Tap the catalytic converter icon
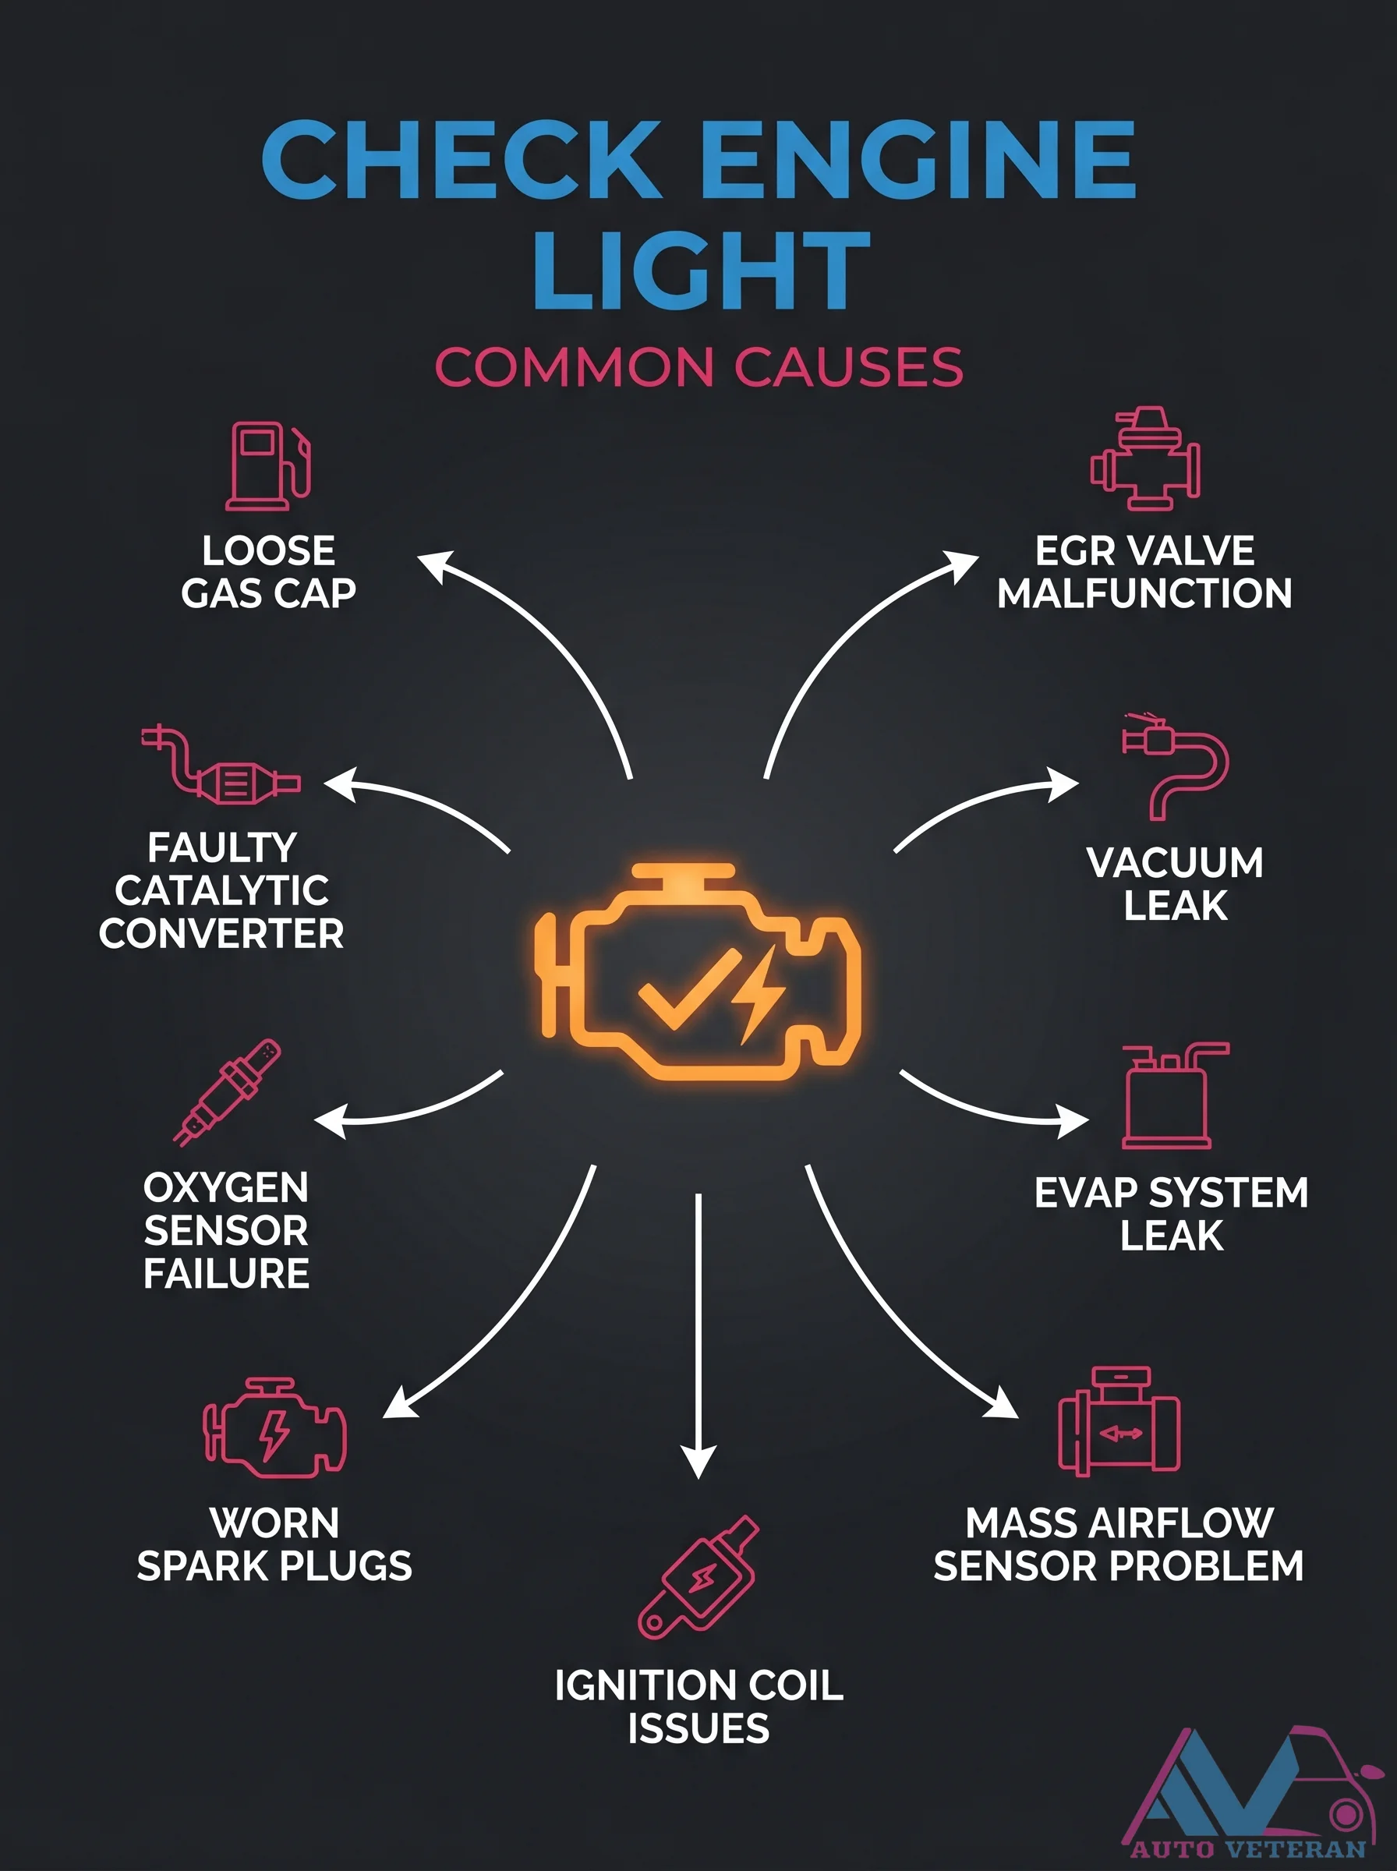point(220,765)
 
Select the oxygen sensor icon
point(227,1091)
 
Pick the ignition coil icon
point(698,1578)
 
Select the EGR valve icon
point(1145,458)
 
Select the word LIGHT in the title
point(701,270)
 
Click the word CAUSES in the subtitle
point(848,367)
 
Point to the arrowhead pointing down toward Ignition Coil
point(698,1460)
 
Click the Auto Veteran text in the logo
point(1248,1849)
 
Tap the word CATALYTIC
point(221,890)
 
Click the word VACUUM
point(1176,862)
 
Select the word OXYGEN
point(226,1187)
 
